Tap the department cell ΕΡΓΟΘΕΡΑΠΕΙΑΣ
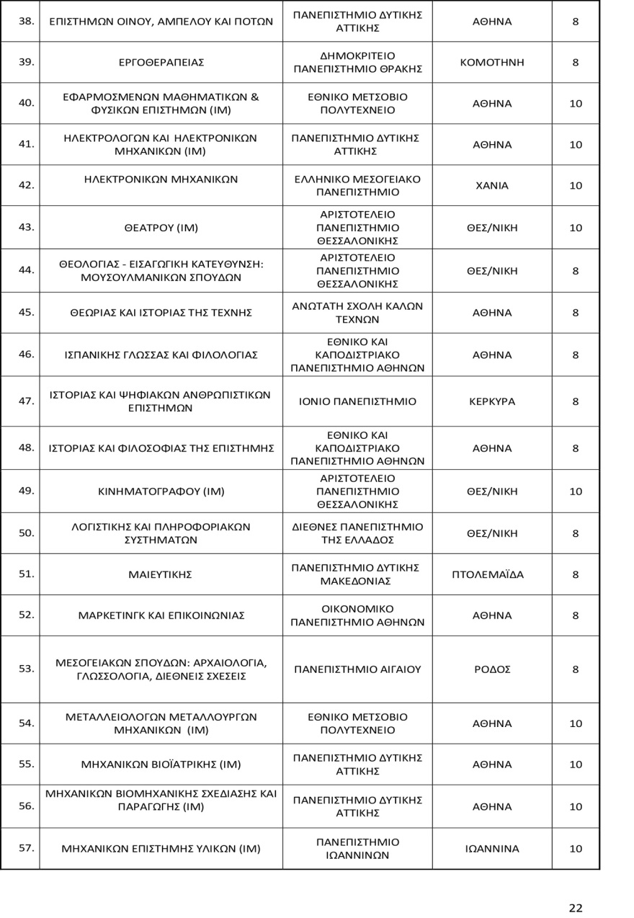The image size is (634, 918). pos(161,63)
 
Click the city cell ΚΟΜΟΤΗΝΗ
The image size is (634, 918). pos(492,62)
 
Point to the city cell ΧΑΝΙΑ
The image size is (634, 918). pos(492,186)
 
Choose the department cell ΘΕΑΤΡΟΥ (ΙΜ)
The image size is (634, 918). pos(161,228)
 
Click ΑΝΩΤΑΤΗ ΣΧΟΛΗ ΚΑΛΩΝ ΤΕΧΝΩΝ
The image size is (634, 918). pos(357,313)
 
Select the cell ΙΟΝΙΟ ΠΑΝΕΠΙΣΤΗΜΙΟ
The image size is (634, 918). pos(357,402)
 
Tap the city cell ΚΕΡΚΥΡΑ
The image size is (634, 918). pos(492,402)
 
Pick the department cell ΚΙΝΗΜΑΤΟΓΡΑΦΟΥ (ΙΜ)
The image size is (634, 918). pos(161,492)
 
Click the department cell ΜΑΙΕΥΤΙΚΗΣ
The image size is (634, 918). pos(161,575)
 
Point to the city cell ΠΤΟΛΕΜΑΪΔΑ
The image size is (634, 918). pos(492,575)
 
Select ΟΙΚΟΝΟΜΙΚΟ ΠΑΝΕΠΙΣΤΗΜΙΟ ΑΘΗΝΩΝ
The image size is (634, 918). pos(357,615)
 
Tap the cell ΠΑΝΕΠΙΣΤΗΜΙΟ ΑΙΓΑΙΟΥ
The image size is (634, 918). pos(357,669)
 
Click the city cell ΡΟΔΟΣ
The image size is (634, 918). pos(492,669)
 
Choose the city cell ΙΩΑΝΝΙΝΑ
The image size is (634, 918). pos(492,849)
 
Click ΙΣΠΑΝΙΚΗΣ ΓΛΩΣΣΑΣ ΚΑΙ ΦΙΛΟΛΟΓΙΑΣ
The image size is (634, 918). pos(161,355)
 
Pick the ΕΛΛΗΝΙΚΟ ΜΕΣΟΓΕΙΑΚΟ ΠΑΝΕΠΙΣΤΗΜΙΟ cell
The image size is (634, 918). pos(357,186)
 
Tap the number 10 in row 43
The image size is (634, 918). pos(575,228)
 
